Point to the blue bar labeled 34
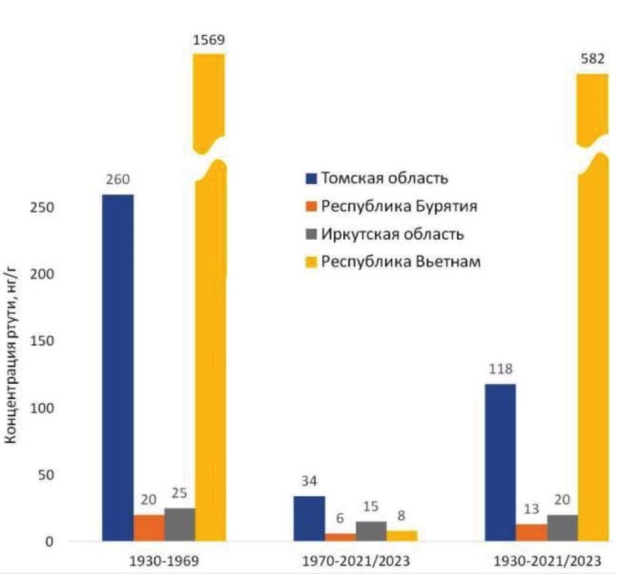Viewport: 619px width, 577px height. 309,519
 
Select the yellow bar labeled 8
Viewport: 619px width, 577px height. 402,536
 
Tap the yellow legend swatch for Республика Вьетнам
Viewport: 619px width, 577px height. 312,262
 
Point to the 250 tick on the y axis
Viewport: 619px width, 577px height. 39,208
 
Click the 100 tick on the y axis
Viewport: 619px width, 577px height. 39,408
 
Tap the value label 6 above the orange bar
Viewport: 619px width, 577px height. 339,518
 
